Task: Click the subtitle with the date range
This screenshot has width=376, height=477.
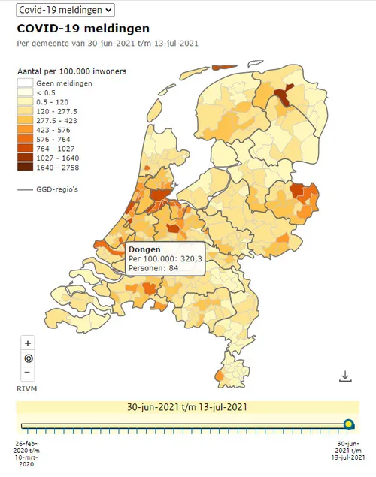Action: pyautogui.click(x=108, y=43)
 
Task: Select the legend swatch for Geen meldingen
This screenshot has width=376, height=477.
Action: pyautogui.click(x=26, y=83)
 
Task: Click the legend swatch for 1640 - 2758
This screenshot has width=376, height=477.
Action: pyautogui.click(x=26, y=168)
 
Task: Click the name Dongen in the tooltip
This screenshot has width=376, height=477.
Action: pyautogui.click(x=144, y=249)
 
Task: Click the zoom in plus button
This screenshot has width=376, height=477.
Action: pyautogui.click(x=28, y=343)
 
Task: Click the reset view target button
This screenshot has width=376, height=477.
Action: pyautogui.click(x=28, y=358)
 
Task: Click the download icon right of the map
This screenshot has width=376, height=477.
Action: pyautogui.click(x=345, y=376)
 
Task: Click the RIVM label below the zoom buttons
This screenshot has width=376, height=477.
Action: pyautogui.click(x=27, y=388)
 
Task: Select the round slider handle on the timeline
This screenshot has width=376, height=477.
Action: pyautogui.click(x=349, y=425)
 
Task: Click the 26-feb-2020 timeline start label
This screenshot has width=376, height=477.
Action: pyautogui.click(x=28, y=448)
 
